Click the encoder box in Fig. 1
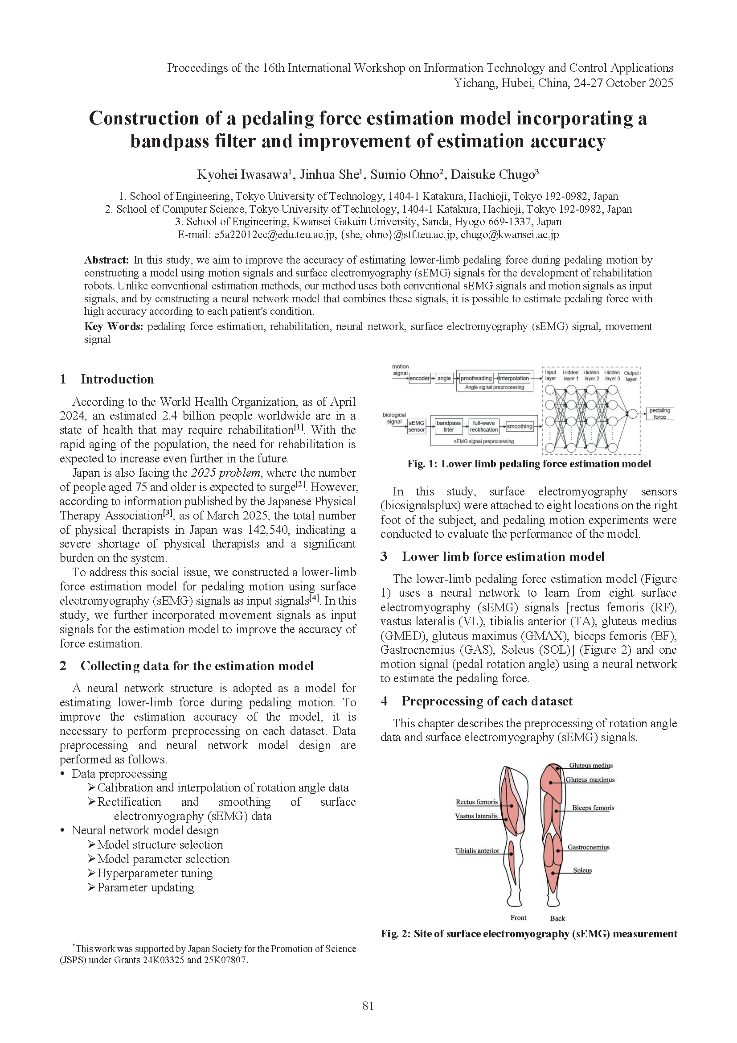point(419,379)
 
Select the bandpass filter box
point(448,426)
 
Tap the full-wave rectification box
point(483,426)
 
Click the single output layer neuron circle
point(631,413)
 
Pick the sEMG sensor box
point(416,426)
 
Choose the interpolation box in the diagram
point(514,379)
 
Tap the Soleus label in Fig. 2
point(582,870)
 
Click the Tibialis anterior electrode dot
point(511,853)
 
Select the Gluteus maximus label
point(590,780)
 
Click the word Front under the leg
point(518,918)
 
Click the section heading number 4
point(384,701)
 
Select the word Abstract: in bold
point(106,260)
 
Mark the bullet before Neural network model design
point(63,831)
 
